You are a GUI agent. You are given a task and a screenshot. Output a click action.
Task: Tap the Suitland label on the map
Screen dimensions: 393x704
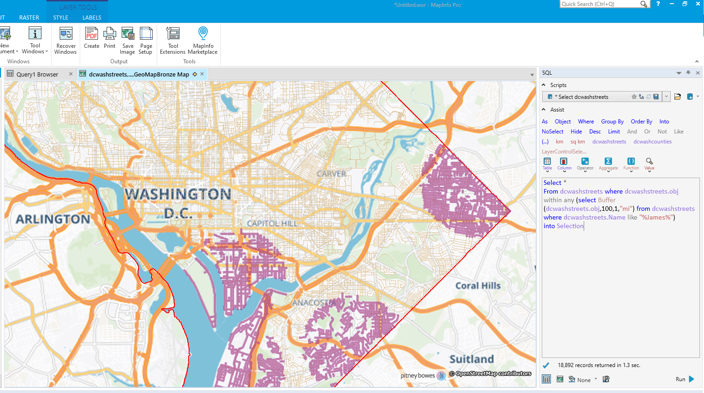(472, 359)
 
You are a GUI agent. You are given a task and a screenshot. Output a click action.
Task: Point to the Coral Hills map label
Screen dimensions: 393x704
(478, 286)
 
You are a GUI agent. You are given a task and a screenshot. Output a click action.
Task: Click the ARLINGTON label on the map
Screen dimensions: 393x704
(53, 219)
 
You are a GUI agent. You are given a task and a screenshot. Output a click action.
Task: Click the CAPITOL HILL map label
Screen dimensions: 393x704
(272, 223)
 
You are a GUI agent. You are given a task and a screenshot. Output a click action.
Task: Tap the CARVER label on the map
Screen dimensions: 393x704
(332, 174)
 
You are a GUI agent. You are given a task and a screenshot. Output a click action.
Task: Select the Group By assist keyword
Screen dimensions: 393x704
(612, 122)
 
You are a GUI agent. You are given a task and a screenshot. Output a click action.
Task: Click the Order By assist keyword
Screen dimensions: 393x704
(641, 122)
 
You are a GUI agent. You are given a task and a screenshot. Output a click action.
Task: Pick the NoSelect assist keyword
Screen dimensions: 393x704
(552, 132)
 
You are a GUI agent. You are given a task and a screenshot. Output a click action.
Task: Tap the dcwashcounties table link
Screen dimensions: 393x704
(652, 142)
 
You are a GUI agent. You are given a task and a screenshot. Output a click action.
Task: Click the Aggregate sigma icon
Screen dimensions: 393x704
(608, 162)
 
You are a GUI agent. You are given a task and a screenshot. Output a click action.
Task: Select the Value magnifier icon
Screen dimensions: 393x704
(649, 162)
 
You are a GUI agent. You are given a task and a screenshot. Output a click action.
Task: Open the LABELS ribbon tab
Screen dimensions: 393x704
(92, 18)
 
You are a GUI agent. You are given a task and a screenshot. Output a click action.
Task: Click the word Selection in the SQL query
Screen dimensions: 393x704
(570, 226)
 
